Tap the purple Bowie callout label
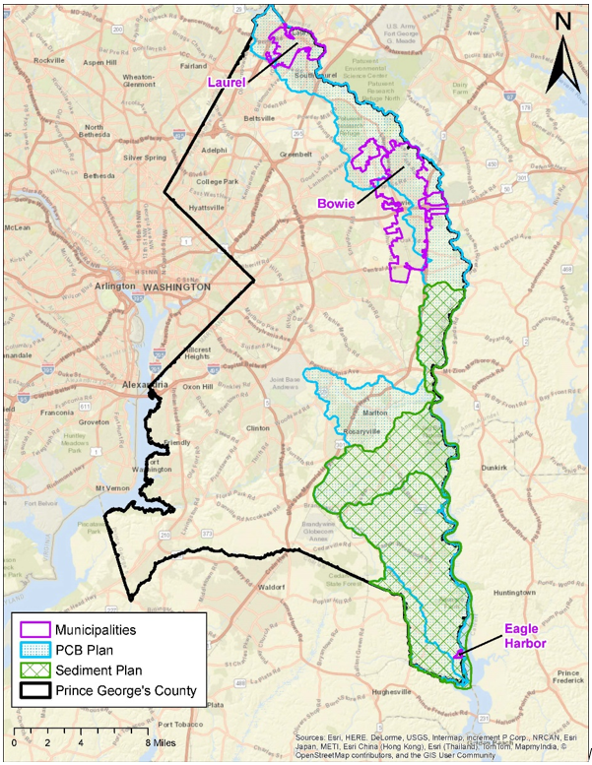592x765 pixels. pos(336,203)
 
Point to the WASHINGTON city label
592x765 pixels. pos(176,287)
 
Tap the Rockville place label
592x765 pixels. pos(48,60)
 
